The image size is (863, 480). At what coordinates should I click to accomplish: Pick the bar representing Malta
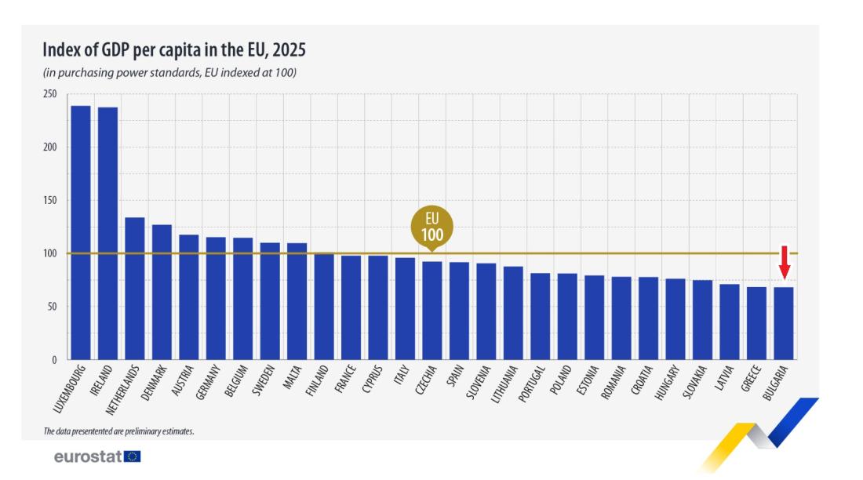tap(297, 301)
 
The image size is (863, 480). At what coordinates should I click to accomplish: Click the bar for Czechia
tap(431, 310)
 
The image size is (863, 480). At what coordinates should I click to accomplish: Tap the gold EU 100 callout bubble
tap(432, 227)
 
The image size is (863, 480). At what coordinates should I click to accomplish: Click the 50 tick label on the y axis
tap(52, 307)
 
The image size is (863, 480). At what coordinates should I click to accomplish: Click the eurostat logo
tap(96, 456)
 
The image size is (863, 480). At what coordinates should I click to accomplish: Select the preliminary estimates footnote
tap(118, 431)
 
